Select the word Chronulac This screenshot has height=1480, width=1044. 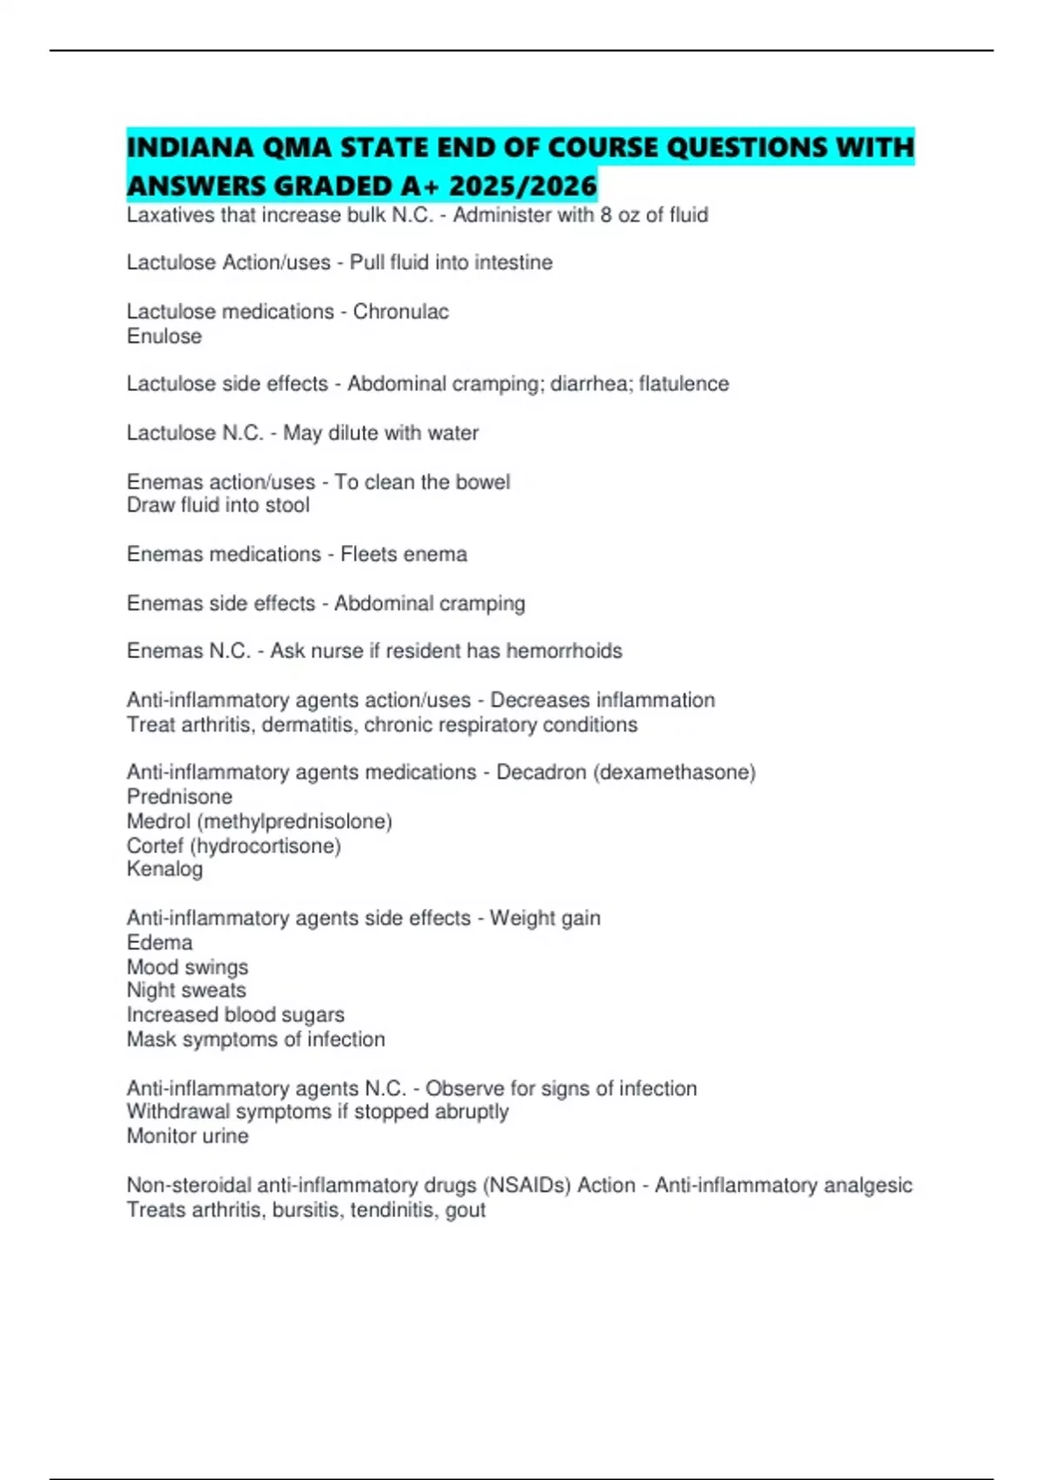click(x=401, y=312)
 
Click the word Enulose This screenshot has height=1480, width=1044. click(x=164, y=336)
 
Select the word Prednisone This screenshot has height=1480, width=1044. click(x=179, y=797)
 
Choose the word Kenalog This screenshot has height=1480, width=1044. click(x=164, y=869)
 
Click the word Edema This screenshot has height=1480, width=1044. click(x=159, y=943)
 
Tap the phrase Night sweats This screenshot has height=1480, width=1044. click(x=186, y=991)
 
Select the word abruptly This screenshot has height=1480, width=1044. click(x=470, y=1112)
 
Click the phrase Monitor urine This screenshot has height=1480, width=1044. click(x=187, y=1136)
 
